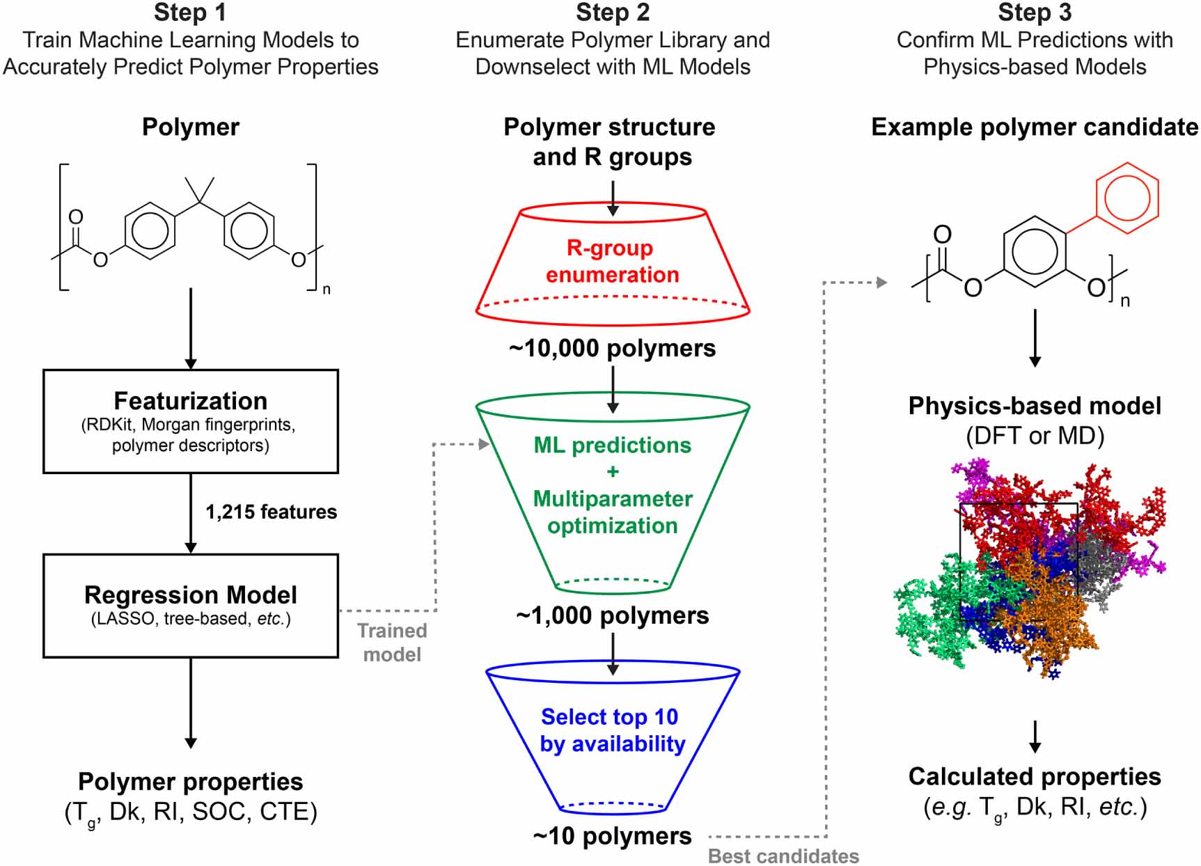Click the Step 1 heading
pos(190,13)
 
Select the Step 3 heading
pos(1034,13)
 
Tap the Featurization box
pos(190,421)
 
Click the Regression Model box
pos(190,605)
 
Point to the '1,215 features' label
pos(271,512)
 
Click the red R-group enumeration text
pos(612,261)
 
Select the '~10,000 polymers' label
pos(612,348)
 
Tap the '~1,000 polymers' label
pos(612,615)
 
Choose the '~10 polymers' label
pos(612,836)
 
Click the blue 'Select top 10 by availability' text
pos(612,730)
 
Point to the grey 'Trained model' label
pos(392,643)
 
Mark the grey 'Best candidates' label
pos(783,856)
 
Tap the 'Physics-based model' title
pos(1034,406)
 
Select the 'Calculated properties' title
pos(1034,776)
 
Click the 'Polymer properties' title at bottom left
pos(190,782)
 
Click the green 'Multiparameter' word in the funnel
pos(612,499)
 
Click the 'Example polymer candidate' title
pos(1034,127)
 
